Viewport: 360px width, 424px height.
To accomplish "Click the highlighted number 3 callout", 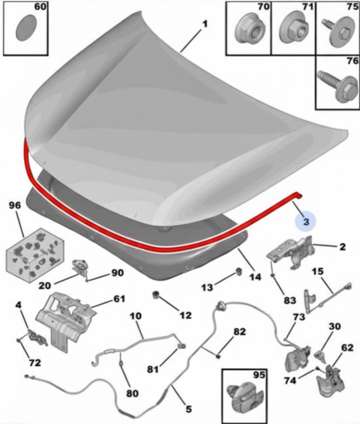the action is (x=306, y=222).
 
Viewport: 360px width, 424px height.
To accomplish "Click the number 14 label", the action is (x=255, y=276).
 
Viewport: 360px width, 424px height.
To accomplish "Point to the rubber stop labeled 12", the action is (x=155, y=294).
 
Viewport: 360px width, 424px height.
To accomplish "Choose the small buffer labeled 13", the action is (x=238, y=271).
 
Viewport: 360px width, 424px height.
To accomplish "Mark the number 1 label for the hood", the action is (x=205, y=24).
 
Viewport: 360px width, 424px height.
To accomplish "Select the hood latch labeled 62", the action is (x=331, y=380).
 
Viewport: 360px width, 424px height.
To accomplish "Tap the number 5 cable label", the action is (x=189, y=409).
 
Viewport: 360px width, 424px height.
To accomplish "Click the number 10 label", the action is (x=136, y=316).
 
